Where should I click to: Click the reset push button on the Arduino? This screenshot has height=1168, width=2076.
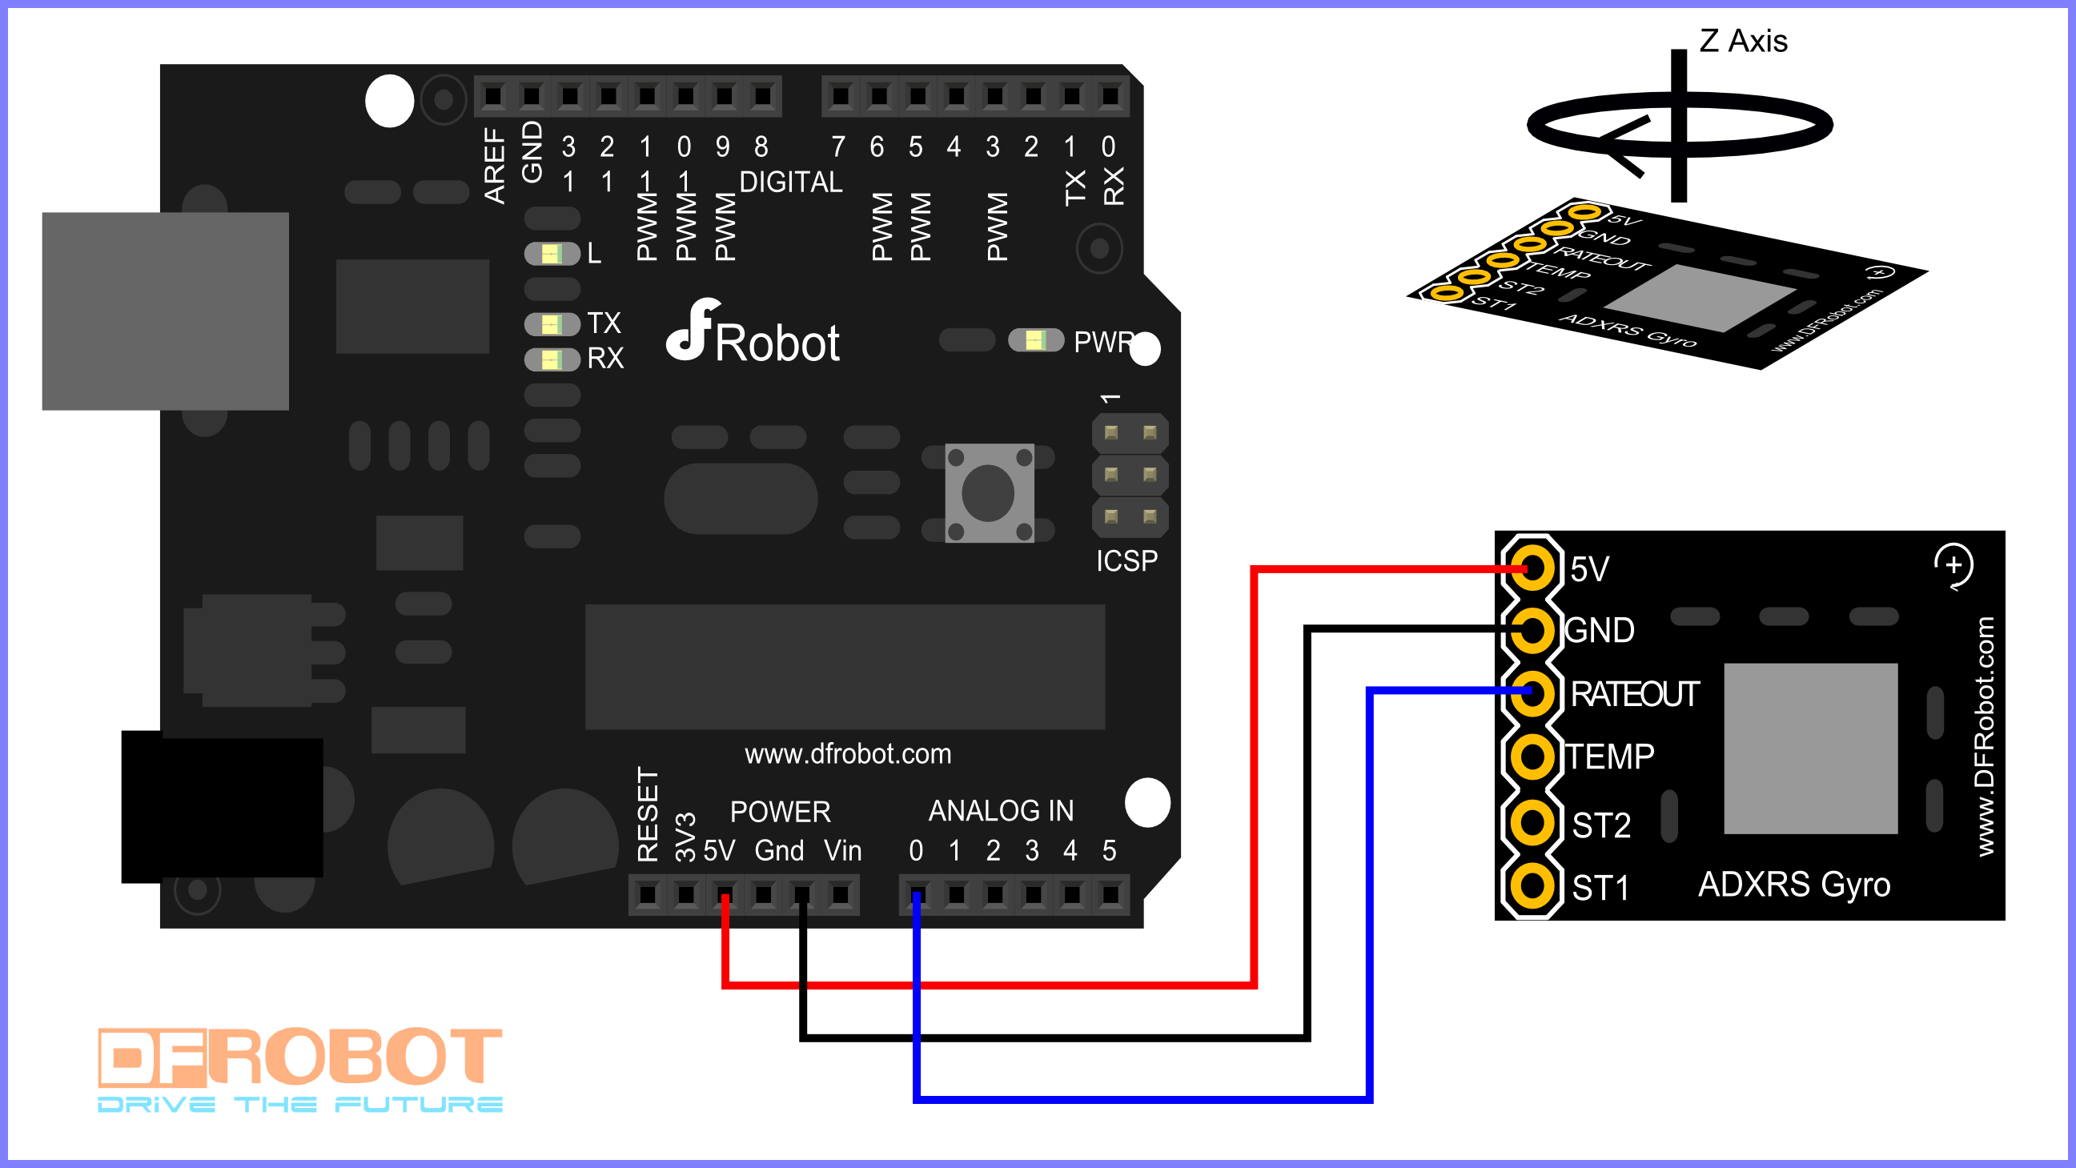click(x=989, y=492)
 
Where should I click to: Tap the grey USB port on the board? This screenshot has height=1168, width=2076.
click(x=165, y=311)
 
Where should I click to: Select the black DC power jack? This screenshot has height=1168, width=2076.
click(x=222, y=806)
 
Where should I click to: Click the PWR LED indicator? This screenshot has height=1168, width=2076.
click(x=1035, y=340)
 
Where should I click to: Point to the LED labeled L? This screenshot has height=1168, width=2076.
click(x=552, y=254)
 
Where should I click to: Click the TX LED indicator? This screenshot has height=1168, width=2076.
click(x=552, y=324)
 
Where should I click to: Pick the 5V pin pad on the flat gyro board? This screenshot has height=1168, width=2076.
click(x=1532, y=568)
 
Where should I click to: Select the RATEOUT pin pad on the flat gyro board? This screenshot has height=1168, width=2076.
click(x=1532, y=692)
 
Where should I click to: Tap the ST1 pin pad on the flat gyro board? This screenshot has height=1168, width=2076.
click(x=1532, y=886)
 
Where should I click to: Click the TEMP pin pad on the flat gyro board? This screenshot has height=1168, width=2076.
click(x=1532, y=757)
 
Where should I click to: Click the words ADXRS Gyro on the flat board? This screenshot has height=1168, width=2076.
click(x=1794, y=885)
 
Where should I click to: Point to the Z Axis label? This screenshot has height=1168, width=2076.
click(x=1742, y=41)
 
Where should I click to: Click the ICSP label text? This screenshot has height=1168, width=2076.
click(x=1126, y=561)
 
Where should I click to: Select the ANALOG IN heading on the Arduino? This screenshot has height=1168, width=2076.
click(x=1001, y=811)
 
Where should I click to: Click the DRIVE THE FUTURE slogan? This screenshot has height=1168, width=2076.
click(x=299, y=1104)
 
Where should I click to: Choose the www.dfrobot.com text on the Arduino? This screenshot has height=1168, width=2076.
click(x=848, y=754)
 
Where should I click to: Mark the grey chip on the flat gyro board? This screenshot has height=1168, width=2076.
click(x=1810, y=748)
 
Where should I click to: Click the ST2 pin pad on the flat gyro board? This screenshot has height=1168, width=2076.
click(x=1532, y=823)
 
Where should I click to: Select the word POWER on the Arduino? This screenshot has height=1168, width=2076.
click(x=779, y=812)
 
